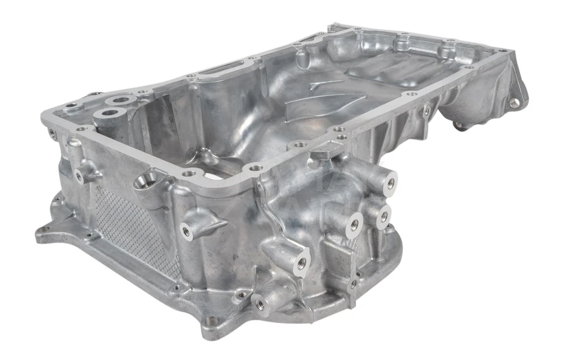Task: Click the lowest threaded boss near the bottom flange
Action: (258, 303)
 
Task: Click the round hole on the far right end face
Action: (514, 103)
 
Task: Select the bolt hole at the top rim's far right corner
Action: (499, 51)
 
